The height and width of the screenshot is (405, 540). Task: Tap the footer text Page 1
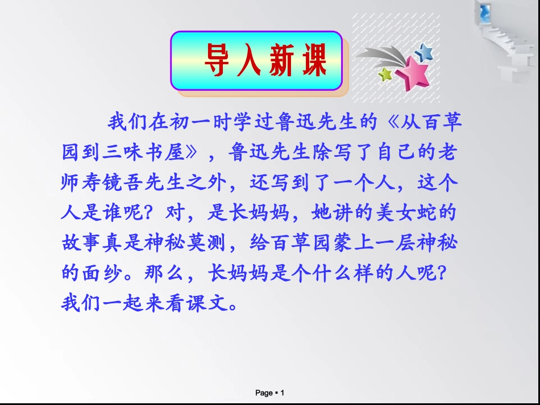pyautogui.click(x=269, y=393)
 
